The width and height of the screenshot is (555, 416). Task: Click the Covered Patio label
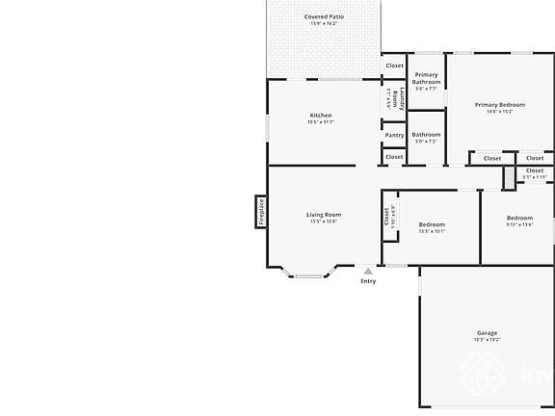click(323, 16)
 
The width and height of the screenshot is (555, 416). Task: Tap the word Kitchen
click(321, 116)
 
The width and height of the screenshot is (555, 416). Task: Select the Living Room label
click(324, 215)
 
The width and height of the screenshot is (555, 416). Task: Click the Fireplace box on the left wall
click(260, 212)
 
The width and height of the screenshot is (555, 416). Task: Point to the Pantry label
click(394, 135)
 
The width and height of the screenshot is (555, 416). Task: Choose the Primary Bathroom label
click(426, 78)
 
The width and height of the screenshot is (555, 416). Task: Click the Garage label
click(487, 333)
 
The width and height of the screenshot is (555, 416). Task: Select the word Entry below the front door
click(368, 281)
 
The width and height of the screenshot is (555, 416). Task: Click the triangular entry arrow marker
click(368, 272)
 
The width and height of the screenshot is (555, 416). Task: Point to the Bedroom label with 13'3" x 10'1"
click(432, 224)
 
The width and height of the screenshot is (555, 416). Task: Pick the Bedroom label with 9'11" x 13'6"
click(519, 218)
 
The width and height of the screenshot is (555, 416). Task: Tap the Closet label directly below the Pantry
click(394, 157)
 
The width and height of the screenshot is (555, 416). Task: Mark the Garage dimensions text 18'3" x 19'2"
click(487, 340)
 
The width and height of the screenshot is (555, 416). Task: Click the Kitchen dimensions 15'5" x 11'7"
click(321, 122)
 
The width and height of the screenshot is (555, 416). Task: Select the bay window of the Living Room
click(308, 275)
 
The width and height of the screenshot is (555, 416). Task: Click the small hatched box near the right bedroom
click(508, 179)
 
